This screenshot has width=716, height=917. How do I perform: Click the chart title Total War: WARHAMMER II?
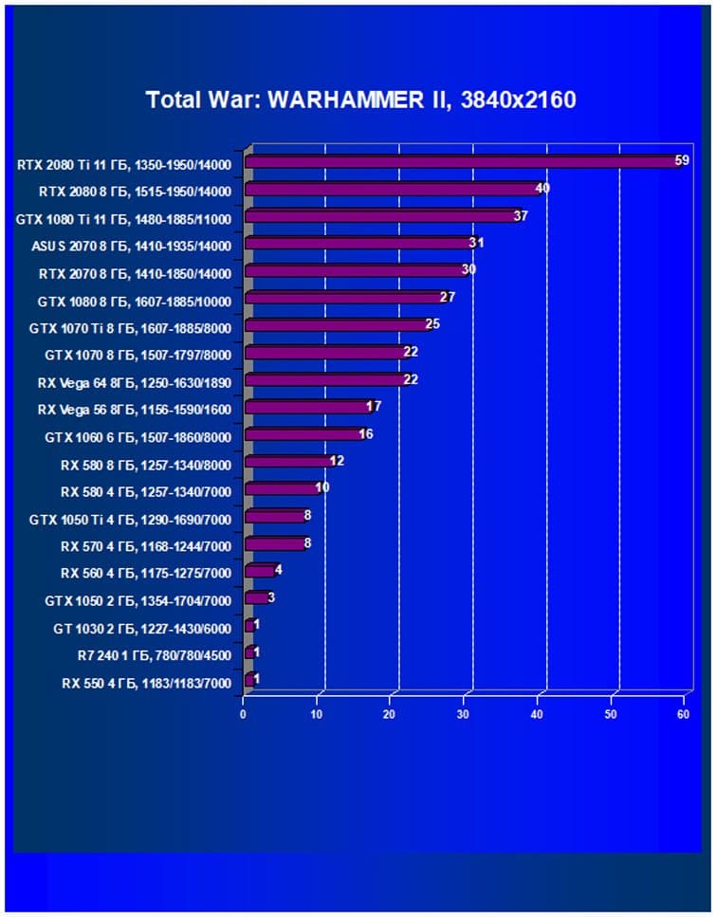[x=360, y=100]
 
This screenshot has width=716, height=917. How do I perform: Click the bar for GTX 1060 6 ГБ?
[x=303, y=435]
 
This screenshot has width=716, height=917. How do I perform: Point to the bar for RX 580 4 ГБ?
[x=282, y=489]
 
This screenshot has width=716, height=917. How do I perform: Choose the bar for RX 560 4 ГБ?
[x=260, y=572]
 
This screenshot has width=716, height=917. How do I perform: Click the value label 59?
[x=682, y=160]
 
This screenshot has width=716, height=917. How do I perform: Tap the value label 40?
[x=542, y=188]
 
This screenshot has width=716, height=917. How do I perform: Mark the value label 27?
[x=448, y=297]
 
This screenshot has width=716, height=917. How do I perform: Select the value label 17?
[x=374, y=406]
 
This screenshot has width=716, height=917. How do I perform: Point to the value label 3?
[x=271, y=597]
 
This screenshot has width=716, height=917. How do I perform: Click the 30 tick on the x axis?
[x=464, y=714]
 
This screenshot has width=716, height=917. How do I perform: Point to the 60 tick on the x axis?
[x=683, y=714]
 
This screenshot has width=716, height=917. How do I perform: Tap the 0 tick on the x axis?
[x=244, y=714]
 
